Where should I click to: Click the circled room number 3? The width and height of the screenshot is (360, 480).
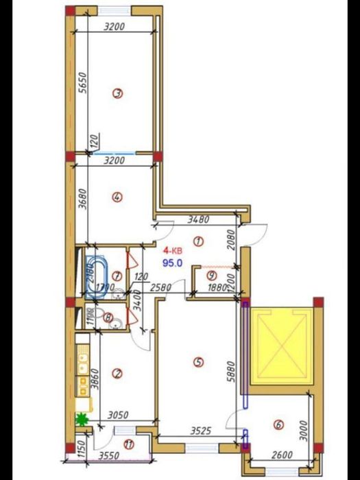(x=117, y=95)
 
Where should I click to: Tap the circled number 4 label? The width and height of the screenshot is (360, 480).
(x=117, y=197)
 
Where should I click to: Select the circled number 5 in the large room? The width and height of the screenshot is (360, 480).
(x=199, y=361)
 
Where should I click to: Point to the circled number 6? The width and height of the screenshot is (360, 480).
(x=278, y=425)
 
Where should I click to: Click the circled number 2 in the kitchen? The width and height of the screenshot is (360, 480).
(x=117, y=374)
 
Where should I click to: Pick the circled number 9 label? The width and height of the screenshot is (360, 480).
(x=212, y=275)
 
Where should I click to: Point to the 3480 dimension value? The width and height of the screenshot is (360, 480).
(x=200, y=219)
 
